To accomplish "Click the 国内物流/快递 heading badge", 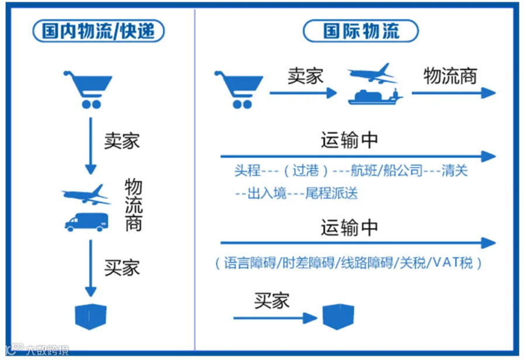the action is click(x=99, y=31).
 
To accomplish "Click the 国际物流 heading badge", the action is click(x=361, y=31).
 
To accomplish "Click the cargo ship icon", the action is click(x=375, y=96).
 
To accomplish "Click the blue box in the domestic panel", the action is click(x=91, y=316).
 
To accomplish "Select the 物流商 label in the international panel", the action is click(x=450, y=75).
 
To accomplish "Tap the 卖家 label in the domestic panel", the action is click(x=122, y=141).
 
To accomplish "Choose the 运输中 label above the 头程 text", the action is click(x=349, y=140).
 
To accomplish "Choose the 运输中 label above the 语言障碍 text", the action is click(x=349, y=227).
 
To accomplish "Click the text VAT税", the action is click(x=454, y=263).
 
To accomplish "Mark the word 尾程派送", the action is click(x=331, y=193).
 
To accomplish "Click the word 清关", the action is click(x=455, y=171).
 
